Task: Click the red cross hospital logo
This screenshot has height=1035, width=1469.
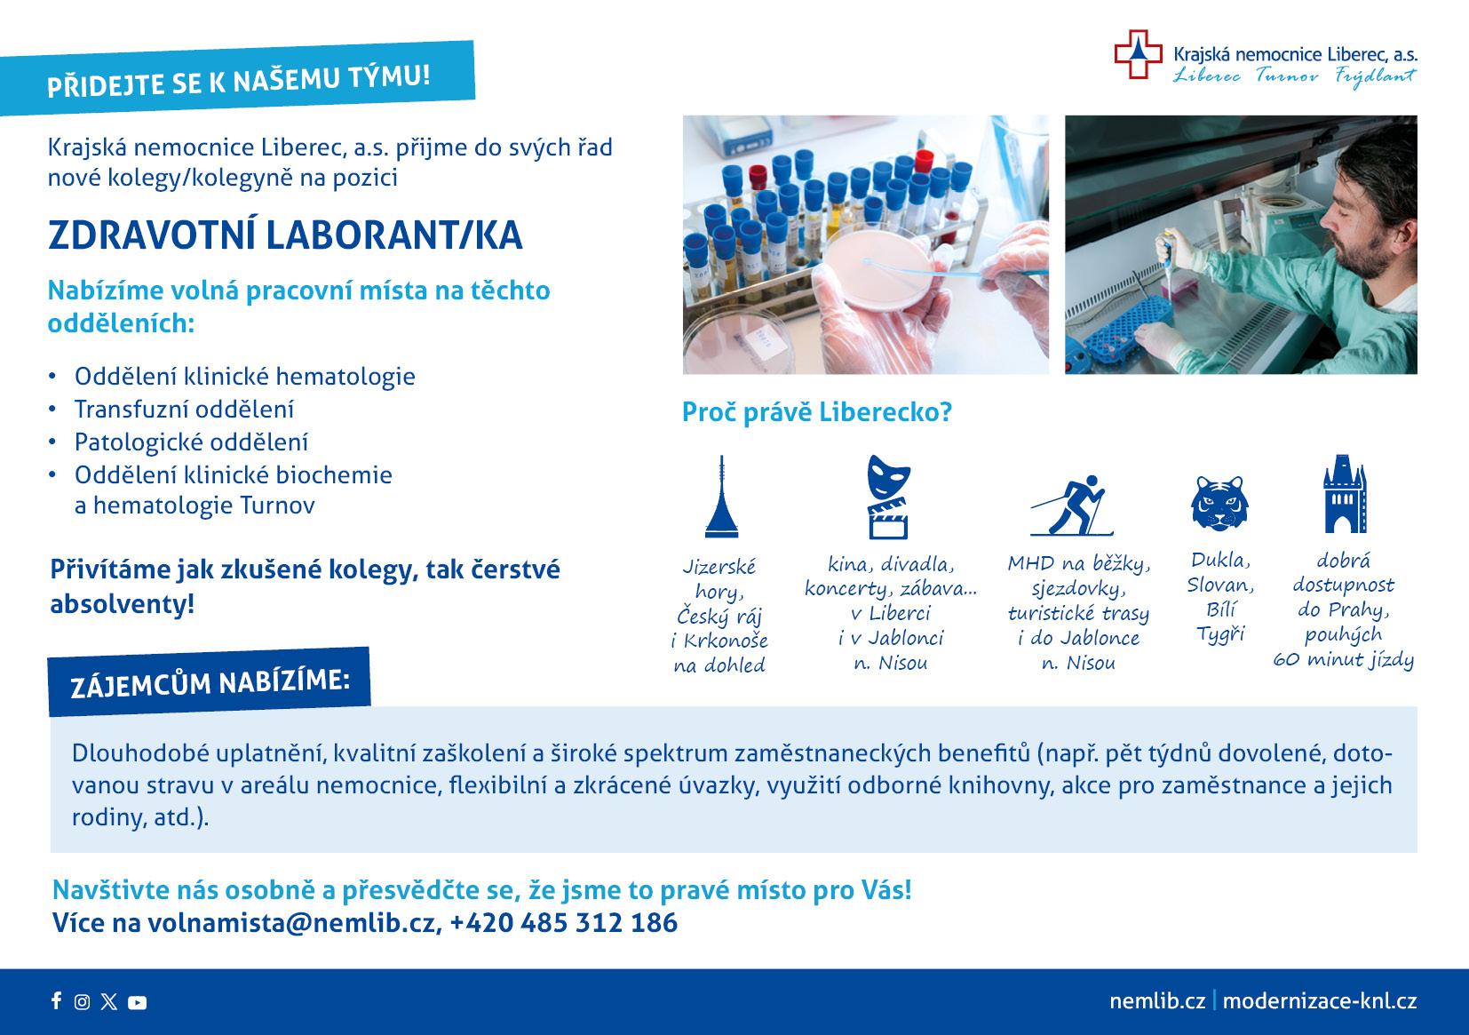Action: [x=1138, y=54]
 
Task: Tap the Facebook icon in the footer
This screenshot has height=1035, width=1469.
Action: [x=57, y=1000]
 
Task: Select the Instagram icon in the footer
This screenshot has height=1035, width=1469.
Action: [x=82, y=1001]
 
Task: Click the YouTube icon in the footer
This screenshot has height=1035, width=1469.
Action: [x=137, y=1002]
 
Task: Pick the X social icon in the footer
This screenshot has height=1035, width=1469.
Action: [x=109, y=1001]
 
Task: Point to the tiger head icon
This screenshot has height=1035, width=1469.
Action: [x=1219, y=503]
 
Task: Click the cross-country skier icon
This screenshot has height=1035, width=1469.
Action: [x=1072, y=506]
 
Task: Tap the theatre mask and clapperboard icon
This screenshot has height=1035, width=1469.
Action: [x=889, y=497]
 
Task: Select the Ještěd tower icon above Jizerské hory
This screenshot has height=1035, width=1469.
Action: [x=721, y=497]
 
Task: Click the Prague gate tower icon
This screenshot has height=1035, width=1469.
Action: [x=1345, y=493]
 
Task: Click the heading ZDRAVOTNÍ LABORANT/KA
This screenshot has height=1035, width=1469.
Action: [x=285, y=235]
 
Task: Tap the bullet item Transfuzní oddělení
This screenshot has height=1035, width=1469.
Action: [x=184, y=410]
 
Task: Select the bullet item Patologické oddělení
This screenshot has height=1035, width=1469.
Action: [x=191, y=442]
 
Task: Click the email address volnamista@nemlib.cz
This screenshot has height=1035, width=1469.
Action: [x=292, y=923]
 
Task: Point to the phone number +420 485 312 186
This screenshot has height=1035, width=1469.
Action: [x=564, y=923]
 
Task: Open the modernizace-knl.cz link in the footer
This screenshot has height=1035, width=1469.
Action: [x=1320, y=1001]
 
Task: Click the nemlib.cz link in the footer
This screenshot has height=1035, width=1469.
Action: [x=1157, y=1001]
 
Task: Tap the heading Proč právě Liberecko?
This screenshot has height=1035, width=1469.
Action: [x=816, y=412]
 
